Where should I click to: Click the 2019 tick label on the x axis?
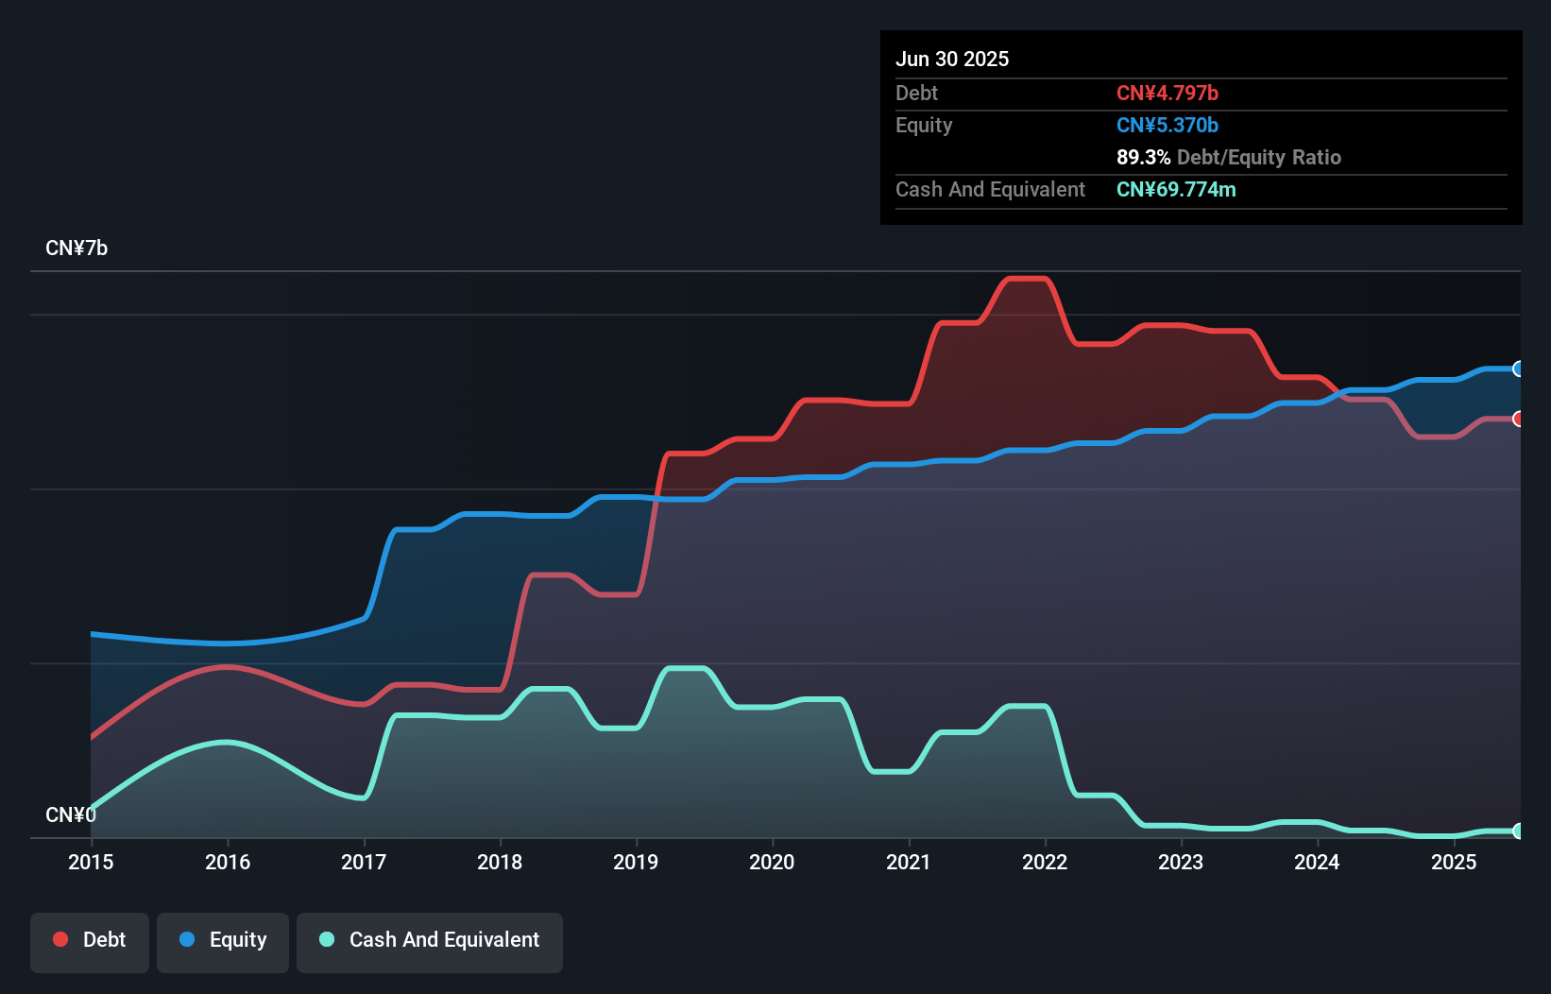636,862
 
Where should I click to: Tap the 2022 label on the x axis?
1045,862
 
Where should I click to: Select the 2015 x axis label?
91,862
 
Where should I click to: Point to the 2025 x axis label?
1453,862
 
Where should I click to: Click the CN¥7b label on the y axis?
77,248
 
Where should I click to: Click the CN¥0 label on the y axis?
71,814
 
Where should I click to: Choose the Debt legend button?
90,940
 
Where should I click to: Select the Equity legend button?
223,940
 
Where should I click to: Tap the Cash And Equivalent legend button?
430,940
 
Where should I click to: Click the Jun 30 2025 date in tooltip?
952,59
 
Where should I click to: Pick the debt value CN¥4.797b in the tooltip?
1168,93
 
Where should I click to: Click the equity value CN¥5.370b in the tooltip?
1168,125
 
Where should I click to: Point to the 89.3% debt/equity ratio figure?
1143,157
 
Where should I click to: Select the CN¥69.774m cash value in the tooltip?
1176,189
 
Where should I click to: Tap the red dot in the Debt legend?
60,939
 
